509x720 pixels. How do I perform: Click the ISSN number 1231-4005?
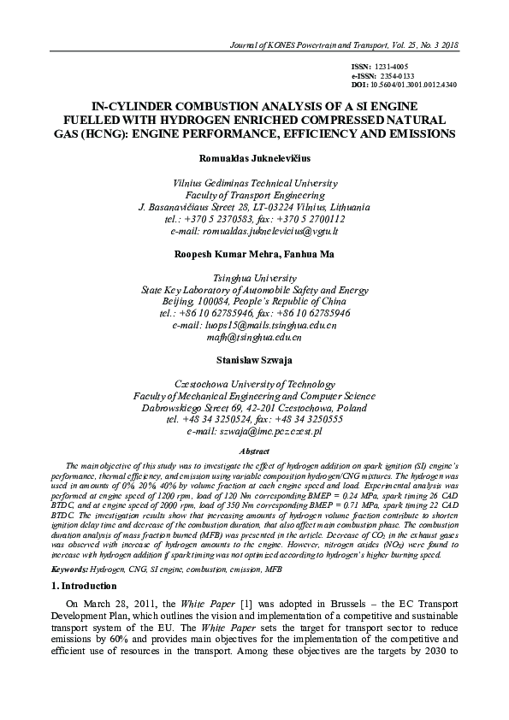393,67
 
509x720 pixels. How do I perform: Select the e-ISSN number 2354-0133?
398,76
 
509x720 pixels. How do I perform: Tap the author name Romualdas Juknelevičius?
254,159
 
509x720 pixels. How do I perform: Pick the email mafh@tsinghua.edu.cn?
254,338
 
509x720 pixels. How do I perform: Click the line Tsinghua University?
254,278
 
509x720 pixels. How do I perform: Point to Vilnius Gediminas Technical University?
254,183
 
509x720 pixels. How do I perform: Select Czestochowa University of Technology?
254,385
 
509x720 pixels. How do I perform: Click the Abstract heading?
254,451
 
